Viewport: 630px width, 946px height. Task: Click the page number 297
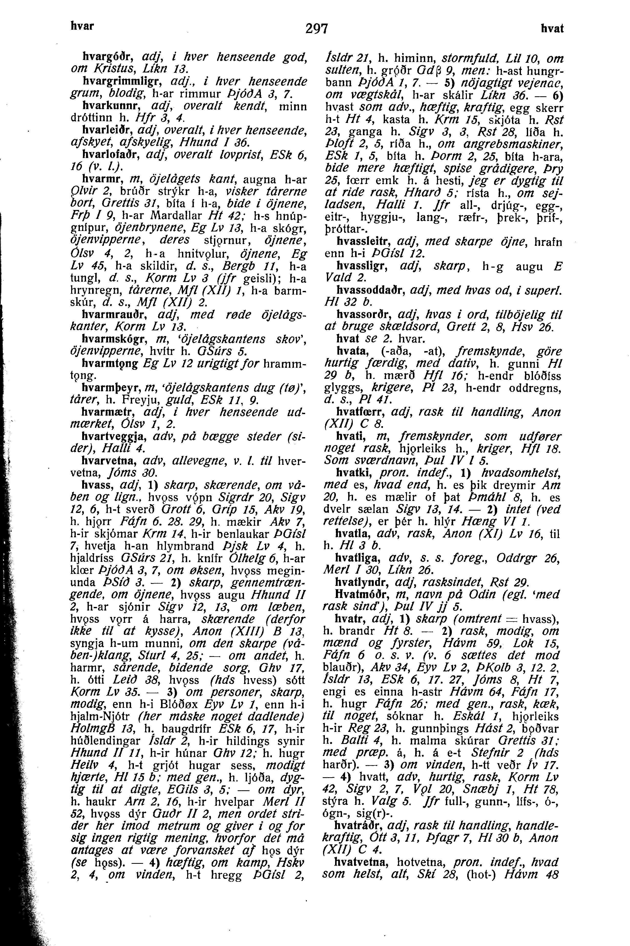click(x=317, y=29)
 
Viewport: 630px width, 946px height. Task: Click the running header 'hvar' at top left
click(x=82, y=26)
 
